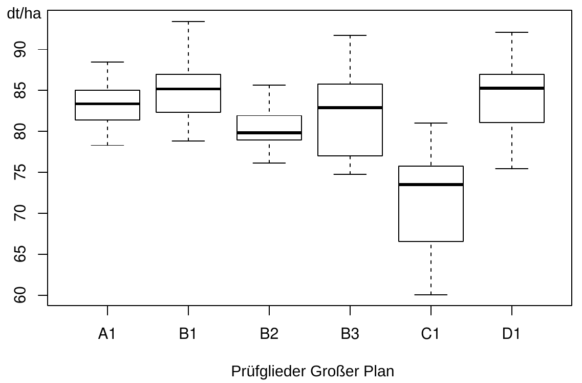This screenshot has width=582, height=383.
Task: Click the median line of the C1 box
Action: [x=431, y=185]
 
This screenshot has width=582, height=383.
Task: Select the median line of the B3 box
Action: [x=350, y=108]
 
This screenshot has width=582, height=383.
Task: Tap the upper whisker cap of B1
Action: [x=188, y=22]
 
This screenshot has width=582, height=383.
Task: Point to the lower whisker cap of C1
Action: [x=431, y=295]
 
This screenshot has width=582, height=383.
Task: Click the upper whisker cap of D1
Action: [x=512, y=32]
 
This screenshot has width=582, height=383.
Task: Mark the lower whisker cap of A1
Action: [x=107, y=145]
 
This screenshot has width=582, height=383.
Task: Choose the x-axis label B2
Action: [x=269, y=334]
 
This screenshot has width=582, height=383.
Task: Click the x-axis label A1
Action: [x=107, y=334]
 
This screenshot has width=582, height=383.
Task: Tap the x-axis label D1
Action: [x=512, y=334]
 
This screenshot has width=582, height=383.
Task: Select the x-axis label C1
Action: [x=431, y=334]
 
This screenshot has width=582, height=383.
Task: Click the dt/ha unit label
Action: [x=24, y=14]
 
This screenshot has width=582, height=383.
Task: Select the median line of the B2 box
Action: [x=269, y=133]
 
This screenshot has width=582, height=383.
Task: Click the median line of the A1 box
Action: [x=107, y=104]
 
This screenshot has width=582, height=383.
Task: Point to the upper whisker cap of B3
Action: [x=350, y=35]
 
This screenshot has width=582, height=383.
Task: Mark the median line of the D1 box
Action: [x=512, y=88]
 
